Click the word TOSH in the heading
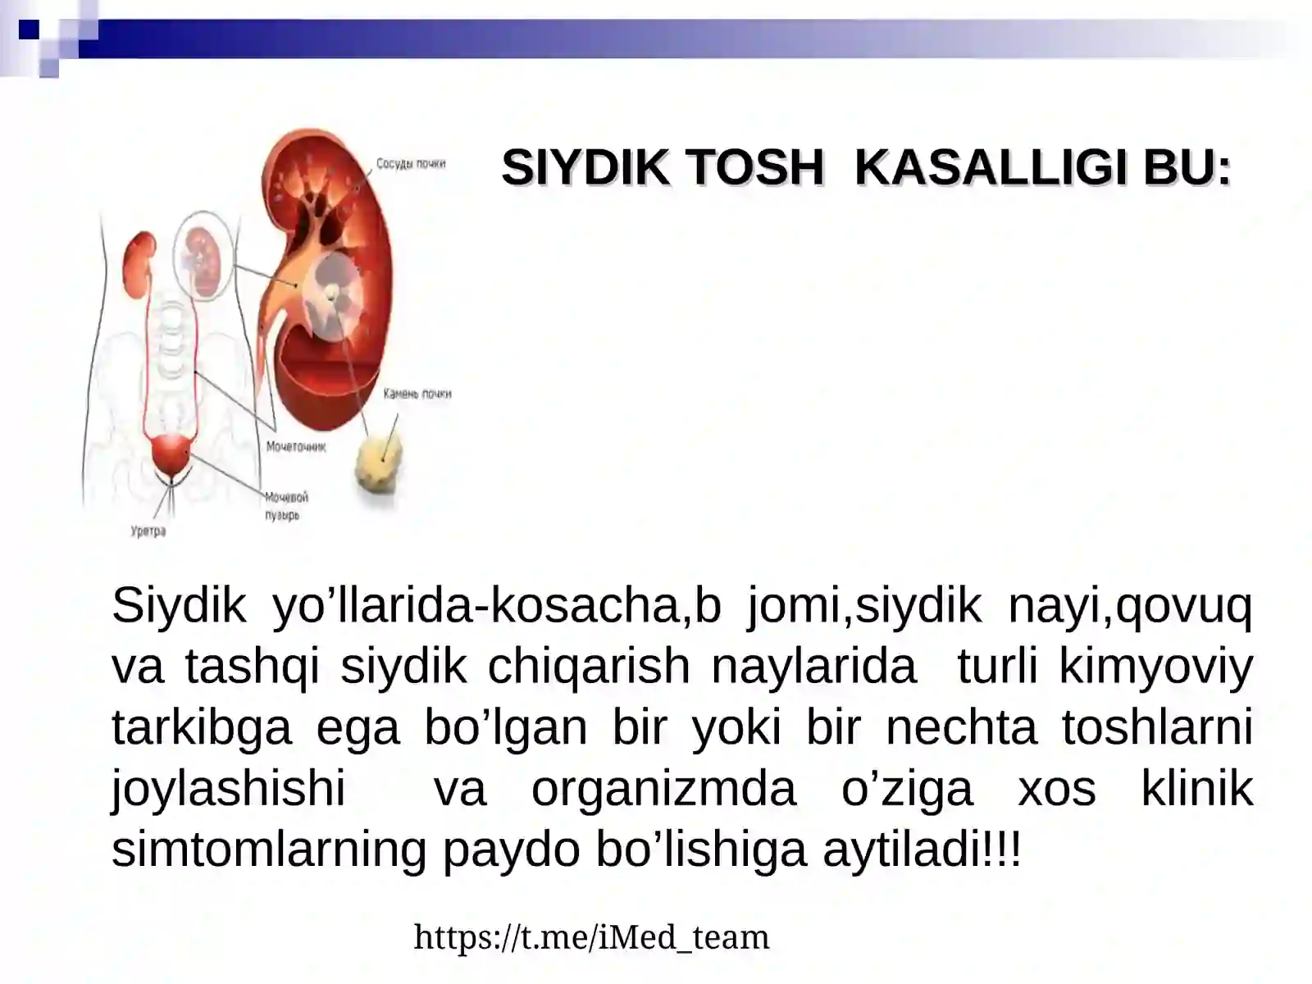tap(754, 167)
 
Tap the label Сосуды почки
tap(411, 164)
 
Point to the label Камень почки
tap(417, 394)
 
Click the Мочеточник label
tap(296, 447)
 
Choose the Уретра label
tap(148, 531)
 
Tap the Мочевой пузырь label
tap(285, 506)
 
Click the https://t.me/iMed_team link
tap(591, 936)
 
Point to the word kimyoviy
tap(1155, 665)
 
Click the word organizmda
tap(663, 788)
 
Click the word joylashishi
tap(228, 788)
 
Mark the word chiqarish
tap(589, 665)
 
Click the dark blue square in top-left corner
tap(29, 30)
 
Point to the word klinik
tap(1196, 788)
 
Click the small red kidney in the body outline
tap(139, 264)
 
